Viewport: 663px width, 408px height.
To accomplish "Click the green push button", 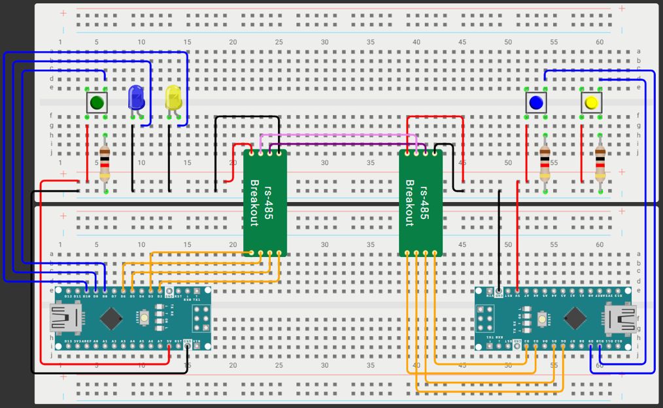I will coord(97,102).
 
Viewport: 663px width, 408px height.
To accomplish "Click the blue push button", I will coord(536,102).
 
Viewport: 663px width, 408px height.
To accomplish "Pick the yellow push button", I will coord(591,102).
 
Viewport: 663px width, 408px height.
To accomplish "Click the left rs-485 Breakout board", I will coord(265,203).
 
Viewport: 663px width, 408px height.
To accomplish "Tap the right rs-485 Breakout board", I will coord(420,203).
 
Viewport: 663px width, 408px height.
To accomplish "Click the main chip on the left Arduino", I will coord(111,318).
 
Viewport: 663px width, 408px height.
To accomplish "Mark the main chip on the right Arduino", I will coord(575,318).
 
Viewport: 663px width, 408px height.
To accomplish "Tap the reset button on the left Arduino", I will coord(159,318).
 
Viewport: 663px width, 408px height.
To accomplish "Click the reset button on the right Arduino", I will coord(542,318).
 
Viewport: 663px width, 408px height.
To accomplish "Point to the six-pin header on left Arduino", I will coord(199,318).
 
